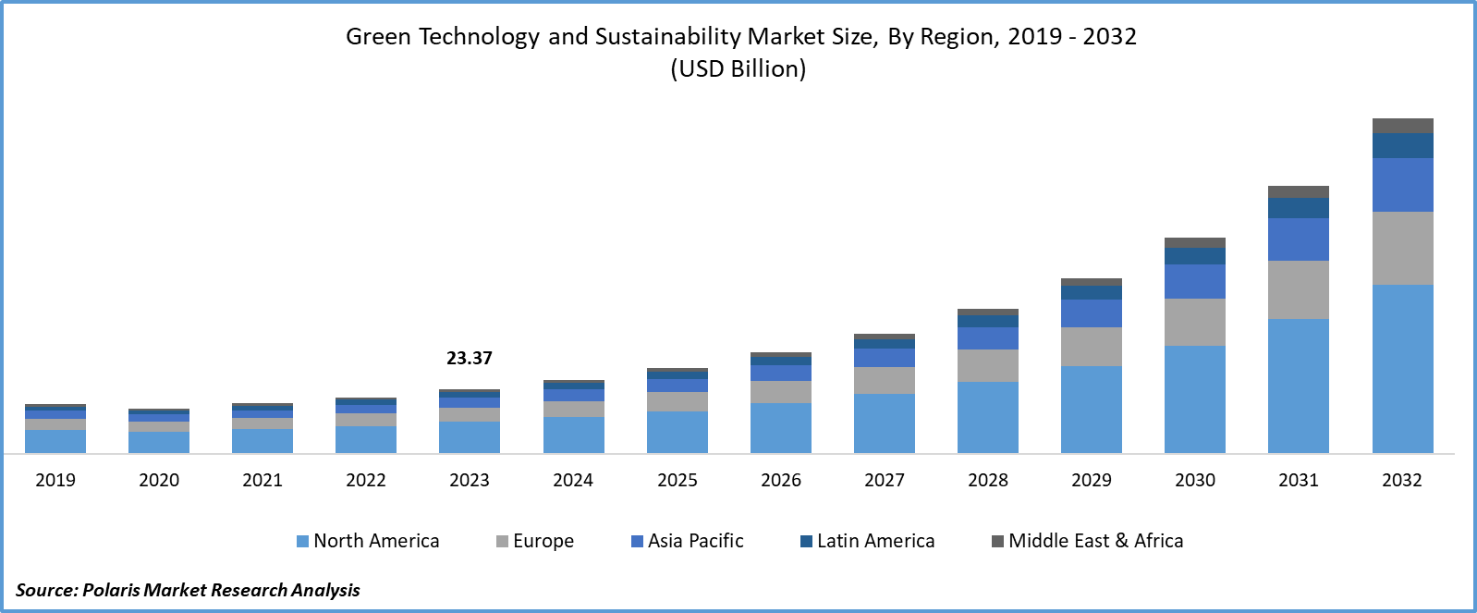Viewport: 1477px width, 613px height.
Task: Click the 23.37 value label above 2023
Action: point(470,358)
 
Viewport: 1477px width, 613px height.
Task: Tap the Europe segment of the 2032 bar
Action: point(1402,248)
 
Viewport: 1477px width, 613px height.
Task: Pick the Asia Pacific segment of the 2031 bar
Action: point(1298,239)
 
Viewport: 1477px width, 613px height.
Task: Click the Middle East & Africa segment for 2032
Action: point(1402,126)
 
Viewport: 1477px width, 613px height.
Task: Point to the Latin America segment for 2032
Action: point(1402,146)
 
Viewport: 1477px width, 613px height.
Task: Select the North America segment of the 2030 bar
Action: point(1194,398)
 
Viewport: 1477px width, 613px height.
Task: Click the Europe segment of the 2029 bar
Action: point(1091,347)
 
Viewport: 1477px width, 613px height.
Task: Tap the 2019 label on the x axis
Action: point(55,480)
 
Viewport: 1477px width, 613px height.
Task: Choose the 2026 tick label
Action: point(780,480)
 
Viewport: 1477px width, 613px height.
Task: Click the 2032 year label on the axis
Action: point(1401,480)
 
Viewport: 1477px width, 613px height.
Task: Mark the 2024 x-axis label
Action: point(573,480)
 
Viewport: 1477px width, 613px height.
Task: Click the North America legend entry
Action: point(368,541)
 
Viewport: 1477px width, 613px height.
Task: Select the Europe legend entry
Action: point(535,541)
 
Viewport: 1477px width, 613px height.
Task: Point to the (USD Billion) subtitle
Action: point(738,68)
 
